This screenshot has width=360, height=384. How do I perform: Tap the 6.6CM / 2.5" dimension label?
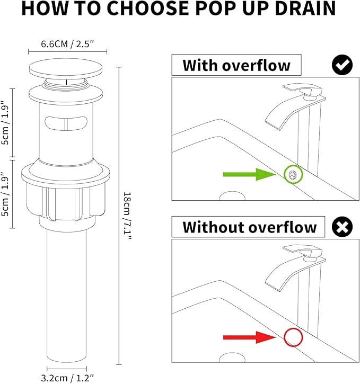tap(67, 44)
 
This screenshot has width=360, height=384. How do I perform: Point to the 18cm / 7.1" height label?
tap(127, 216)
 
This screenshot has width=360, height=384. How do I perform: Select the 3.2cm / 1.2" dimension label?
tap(67, 378)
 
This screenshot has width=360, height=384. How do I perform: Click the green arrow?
tap(250, 174)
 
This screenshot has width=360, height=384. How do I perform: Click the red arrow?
tap(250, 337)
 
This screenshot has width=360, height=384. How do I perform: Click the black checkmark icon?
tap(342, 65)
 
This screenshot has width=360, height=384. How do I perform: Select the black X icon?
tap(342, 227)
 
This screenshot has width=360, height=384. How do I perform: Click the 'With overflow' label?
tap(236, 65)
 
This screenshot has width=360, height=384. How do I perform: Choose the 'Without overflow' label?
tap(250, 227)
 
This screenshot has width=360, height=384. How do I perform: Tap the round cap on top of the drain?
tap(65, 67)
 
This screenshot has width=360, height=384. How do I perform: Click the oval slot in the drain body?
tap(66, 123)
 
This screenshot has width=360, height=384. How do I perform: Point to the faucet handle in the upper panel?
tap(303, 90)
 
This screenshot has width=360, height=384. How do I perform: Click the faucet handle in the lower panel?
tap(303, 252)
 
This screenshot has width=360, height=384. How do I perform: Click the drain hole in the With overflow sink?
tap(232, 196)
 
